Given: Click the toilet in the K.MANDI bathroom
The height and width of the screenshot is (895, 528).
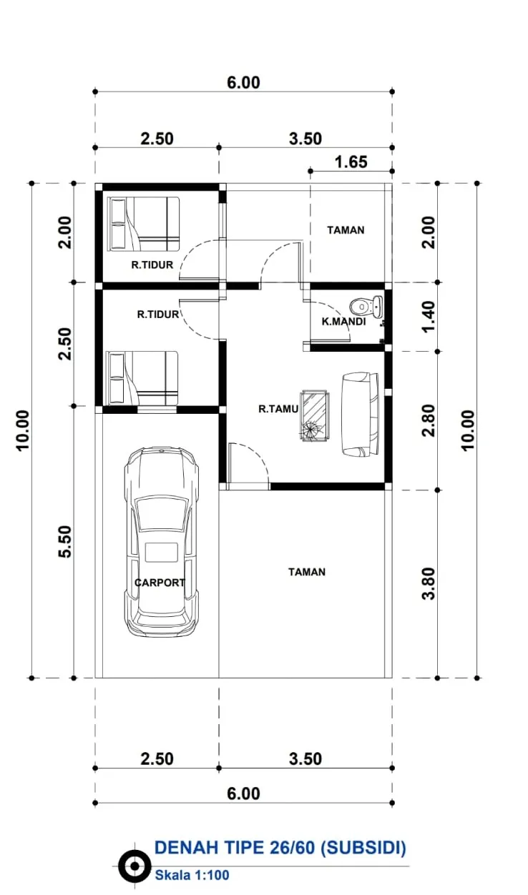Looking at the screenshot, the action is [366, 306].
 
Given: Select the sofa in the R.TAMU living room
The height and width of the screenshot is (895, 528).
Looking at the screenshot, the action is [360, 414].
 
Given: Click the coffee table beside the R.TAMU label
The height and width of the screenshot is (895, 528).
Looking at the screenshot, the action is [316, 416].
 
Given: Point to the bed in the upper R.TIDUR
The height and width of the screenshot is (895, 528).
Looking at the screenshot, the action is [143, 224].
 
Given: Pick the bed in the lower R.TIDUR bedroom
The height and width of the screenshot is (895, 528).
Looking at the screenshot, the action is [142, 378].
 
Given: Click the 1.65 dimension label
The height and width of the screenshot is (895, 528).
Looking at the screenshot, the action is [351, 162].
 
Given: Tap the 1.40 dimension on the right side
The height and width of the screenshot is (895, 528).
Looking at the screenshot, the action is [428, 317].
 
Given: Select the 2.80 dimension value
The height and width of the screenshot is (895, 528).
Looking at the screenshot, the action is [428, 420].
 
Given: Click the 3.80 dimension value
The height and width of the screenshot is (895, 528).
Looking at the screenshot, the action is [428, 584].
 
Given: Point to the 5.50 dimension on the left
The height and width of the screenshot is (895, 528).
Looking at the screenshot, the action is [65, 541].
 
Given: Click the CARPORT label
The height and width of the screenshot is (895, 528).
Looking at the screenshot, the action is [160, 583].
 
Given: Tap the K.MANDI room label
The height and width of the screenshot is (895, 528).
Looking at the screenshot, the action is [343, 321].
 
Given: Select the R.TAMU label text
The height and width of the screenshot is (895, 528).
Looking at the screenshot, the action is [278, 409].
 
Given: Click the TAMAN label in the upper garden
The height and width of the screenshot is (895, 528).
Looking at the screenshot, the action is [346, 229].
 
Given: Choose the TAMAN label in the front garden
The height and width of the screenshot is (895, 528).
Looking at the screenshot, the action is [307, 572].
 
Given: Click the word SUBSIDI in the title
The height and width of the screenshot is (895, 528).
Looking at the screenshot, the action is [363, 848].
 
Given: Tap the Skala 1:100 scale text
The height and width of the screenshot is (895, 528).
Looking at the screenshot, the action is [192, 875].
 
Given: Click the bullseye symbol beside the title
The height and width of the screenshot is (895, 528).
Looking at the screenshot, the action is [135, 866].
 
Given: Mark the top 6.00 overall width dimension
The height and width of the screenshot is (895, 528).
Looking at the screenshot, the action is [243, 83].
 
